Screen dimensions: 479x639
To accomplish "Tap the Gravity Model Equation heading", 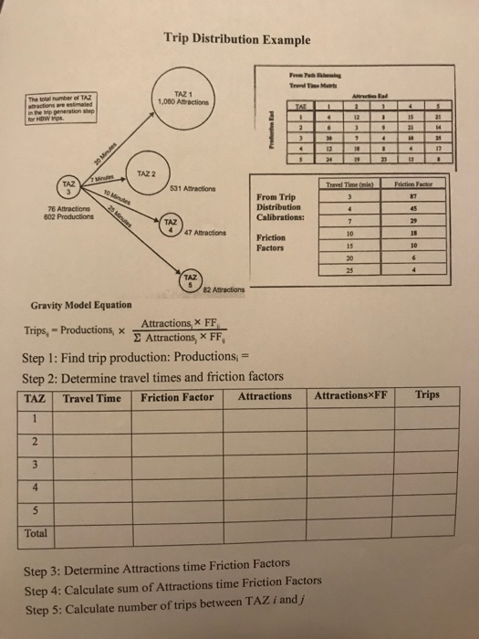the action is (81, 304).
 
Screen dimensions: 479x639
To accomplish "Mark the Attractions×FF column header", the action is (351, 396).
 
